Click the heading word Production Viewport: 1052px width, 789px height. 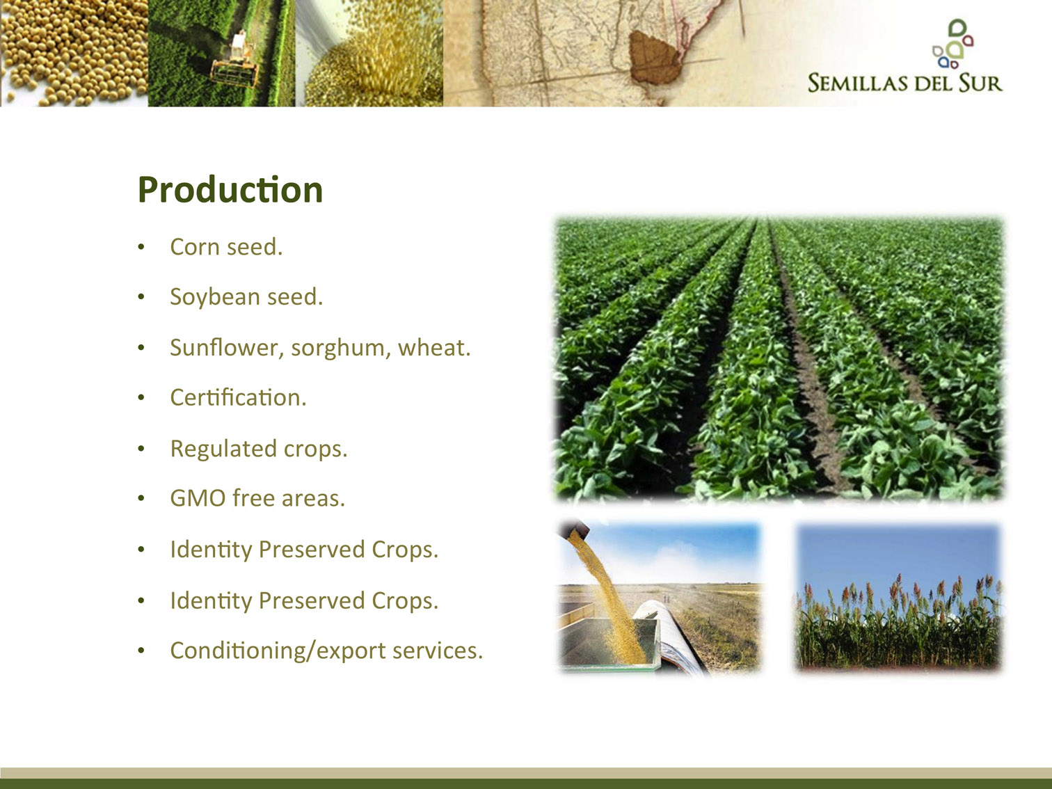230,190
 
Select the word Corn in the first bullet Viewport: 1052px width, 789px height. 194,247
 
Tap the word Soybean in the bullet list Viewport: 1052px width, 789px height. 214,297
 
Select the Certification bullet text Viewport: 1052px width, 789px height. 238,397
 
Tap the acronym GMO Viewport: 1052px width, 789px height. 198,498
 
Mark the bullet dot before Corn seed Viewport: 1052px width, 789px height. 141,247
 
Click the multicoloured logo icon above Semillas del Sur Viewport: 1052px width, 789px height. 953,44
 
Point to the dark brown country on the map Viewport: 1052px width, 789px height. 654,57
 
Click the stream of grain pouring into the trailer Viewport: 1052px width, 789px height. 611,596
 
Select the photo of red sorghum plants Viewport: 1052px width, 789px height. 898,597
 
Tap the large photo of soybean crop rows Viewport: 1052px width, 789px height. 779,359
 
